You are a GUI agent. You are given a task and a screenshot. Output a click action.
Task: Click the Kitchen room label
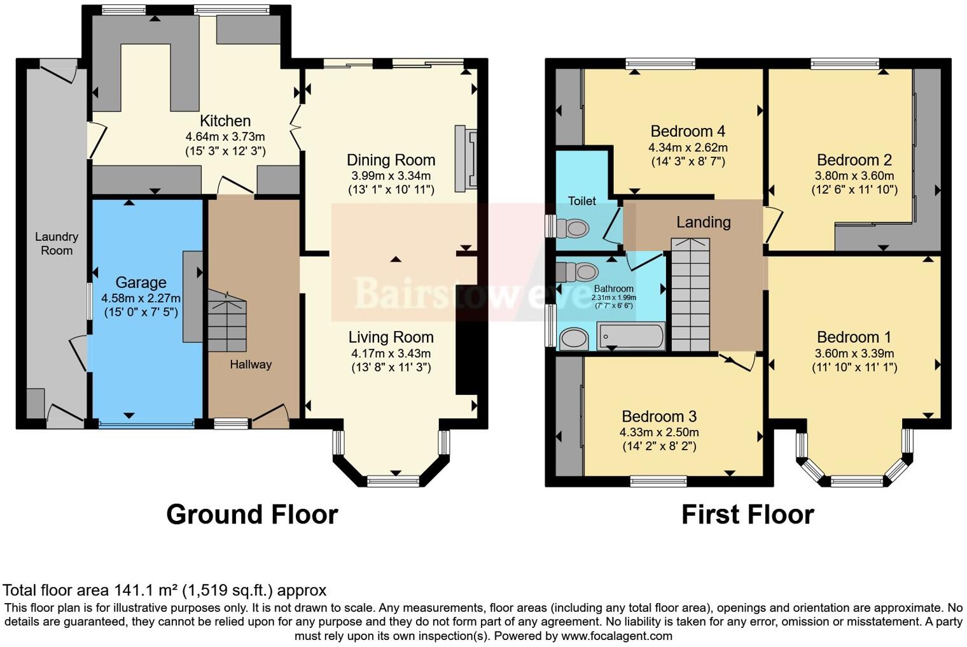(x=225, y=121)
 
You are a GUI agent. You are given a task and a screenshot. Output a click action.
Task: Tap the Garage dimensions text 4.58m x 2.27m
(x=141, y=298)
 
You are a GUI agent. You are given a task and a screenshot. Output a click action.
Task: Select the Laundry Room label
(x=57, y=243)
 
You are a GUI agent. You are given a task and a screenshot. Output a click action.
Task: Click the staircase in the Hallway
(x=227, y=322)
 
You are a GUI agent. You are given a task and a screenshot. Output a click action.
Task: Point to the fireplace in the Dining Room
(x=465, y=159)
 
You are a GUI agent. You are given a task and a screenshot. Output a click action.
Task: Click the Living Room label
(x=391, y=338)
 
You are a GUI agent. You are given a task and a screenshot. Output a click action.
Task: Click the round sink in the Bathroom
(x=574, y=339)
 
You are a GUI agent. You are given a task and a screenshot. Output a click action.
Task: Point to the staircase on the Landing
(x=690, y=294)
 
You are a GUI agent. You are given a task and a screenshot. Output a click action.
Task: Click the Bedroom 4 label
(x=688, y=131)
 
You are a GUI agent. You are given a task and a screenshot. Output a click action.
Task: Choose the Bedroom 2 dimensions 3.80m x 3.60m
(x=854, y=176)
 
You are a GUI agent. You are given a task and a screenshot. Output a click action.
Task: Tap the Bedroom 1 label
(x=854, y=338)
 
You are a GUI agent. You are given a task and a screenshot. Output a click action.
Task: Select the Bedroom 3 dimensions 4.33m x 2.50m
(x=659, y=432)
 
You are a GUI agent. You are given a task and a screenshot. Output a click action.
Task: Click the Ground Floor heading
(x=252, y=515)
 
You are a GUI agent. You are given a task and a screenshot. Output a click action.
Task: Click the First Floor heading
(x=748, y=515)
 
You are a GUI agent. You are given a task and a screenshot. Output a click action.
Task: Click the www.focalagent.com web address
(x=616, y=636)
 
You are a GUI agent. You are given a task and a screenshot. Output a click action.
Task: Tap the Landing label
(x=703, y=222)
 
